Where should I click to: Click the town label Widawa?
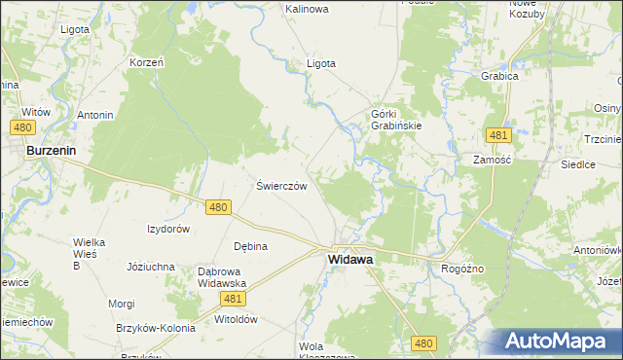click(353, 260)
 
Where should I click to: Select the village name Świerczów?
click(281, 186)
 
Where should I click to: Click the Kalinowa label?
click(307, 9)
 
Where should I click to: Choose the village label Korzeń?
click(146, 62)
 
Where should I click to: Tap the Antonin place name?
click(95, 115)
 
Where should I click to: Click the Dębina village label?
click(250, 246)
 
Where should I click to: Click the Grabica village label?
click(498, 75)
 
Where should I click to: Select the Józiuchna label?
click(151, 266)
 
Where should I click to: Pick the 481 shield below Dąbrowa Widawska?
click(233, 299)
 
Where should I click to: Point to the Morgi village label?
click(122, 304)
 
